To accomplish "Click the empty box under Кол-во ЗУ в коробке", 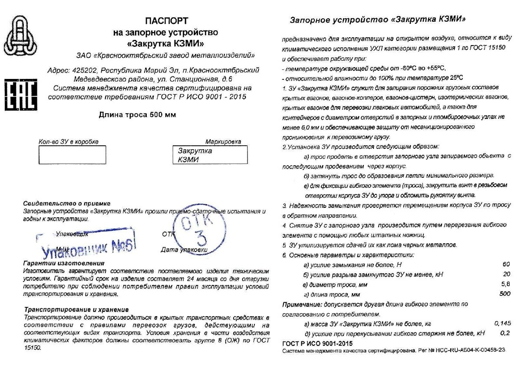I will coord(72,155).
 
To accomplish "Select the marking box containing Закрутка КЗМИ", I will coord(210,155).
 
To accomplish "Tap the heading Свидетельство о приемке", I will coord(67,203).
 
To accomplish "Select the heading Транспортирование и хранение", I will coord(76,309).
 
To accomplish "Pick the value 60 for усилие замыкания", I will coord(505,264).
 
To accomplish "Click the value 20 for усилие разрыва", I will coord(506,274).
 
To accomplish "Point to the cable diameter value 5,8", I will coord(505,284).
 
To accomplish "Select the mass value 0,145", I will coord(502,323).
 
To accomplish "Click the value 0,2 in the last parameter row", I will coord(505,333).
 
